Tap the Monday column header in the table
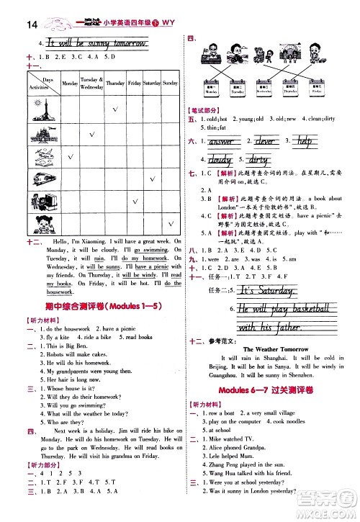tap(70, 84)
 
